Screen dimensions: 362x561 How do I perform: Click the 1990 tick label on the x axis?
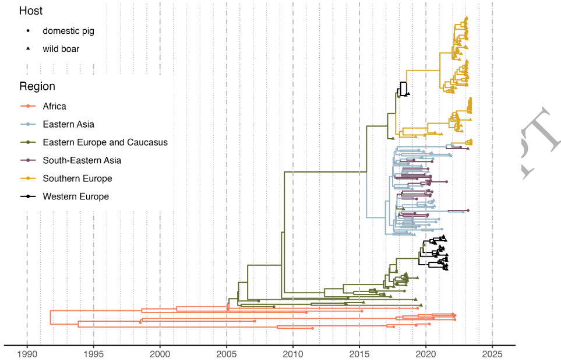click(27, 353)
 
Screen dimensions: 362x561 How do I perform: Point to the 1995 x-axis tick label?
click(93, 353)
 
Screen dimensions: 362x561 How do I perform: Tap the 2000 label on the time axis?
click(160, 353)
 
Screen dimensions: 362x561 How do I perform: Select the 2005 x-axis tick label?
click(227, 353)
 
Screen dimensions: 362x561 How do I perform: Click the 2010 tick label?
click(293, 353)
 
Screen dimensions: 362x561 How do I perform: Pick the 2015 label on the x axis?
click(359, 353)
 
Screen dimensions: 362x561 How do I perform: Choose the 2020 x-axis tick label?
click(426, 353)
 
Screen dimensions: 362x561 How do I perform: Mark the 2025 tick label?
click(492, 353)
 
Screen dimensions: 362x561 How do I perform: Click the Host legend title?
click(30, 11)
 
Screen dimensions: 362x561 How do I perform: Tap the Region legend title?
click(37, 86)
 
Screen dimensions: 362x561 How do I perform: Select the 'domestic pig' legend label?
click(68, 31)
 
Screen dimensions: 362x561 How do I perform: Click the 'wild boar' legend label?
click(61, 49)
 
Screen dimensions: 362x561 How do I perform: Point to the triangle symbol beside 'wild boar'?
click(28, 48)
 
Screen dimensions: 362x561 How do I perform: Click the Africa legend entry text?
click(54, 106)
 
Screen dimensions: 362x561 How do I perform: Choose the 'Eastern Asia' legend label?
click(68, 124)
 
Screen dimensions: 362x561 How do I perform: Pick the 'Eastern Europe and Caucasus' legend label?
click(105, 142)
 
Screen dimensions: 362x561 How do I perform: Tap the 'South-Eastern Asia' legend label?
click(82, 160)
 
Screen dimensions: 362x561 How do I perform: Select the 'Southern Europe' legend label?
click(77, 178)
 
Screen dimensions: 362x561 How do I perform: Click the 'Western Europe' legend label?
click(76, 196)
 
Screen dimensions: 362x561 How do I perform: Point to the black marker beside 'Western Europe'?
click(28, 196)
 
